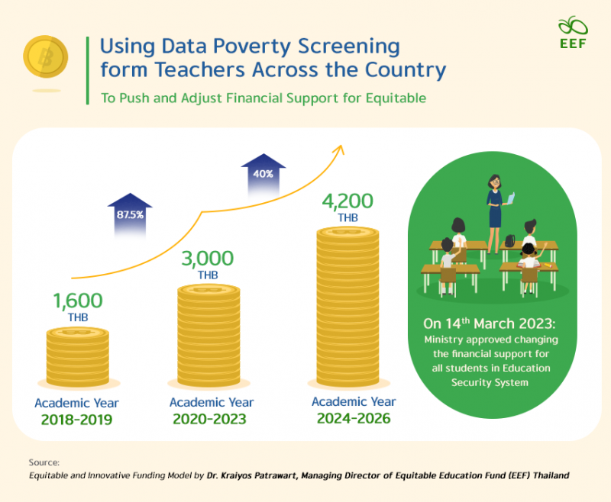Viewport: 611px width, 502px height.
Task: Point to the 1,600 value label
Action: pyautogui.click(x=77, y=301)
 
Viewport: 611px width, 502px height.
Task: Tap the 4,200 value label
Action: pyautogui.click(x=347, y=201)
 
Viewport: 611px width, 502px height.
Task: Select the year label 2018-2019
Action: pyautogui.click(x=77, y=420)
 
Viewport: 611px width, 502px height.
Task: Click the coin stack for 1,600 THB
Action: pyautogui.click(x=77, y=355)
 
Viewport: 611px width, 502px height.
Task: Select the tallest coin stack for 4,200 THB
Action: pyautogui.click(x=348, y=305)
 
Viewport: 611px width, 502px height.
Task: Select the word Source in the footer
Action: pyautogui.click(x=43, y=462)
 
